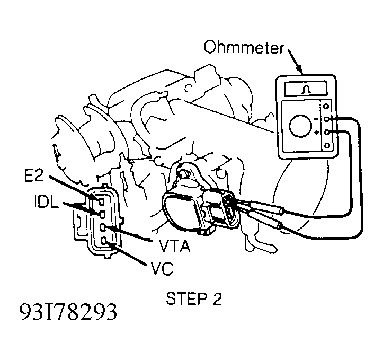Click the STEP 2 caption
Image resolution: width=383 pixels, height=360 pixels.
tap(194, 298)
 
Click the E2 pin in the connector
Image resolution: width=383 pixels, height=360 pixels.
tap(101, 201)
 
